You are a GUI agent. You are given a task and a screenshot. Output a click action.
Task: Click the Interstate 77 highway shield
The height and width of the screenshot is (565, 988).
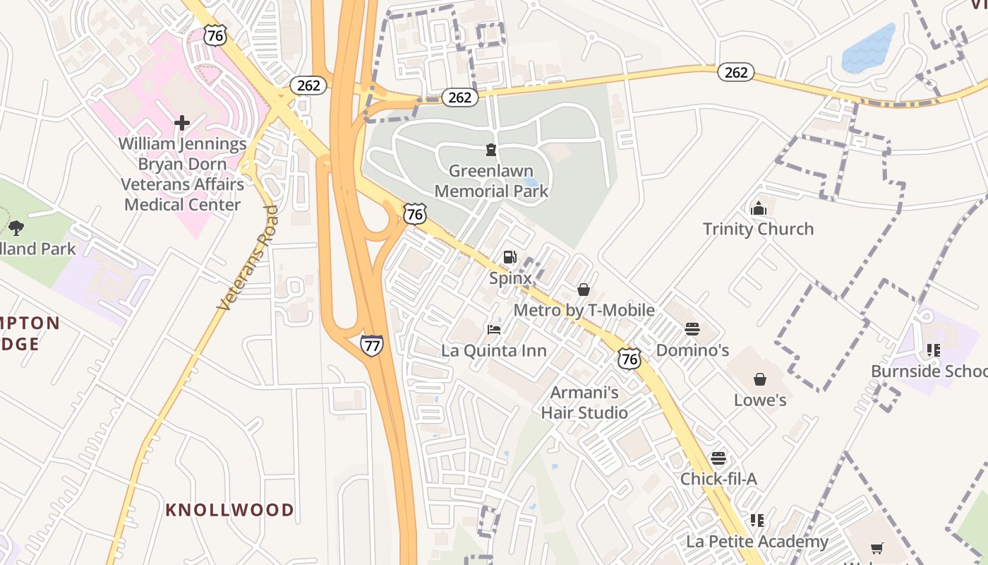coord(371,345)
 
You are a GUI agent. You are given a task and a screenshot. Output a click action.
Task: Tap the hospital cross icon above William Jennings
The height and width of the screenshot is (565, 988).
coord(182,123)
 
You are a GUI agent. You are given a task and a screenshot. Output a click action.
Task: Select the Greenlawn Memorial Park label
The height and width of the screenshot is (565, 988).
coord(491,181)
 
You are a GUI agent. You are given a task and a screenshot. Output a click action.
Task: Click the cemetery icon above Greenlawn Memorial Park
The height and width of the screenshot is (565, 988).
coord(490,149)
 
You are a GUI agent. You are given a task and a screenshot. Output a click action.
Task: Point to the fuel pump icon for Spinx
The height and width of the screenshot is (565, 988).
coord(510,257)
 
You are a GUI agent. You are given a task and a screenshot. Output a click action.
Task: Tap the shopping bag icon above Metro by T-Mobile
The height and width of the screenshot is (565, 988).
coord(584,290)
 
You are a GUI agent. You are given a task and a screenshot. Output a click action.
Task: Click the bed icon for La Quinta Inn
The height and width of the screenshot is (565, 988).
coord(494,330)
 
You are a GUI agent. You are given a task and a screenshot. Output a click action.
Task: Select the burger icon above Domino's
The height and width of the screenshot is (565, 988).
coord(692,329)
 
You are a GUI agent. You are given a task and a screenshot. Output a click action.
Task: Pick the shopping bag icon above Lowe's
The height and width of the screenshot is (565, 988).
coord(760,379)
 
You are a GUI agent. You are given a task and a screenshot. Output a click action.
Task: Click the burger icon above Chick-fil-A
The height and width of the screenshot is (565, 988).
coord(718,458)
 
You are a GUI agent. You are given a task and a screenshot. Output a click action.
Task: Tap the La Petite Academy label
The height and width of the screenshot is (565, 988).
coord(757,542)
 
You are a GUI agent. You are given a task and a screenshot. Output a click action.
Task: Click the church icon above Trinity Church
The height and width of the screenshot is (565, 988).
coord(759,208)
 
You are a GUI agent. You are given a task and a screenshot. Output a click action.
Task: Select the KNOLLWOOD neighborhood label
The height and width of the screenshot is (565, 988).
coord(230,510)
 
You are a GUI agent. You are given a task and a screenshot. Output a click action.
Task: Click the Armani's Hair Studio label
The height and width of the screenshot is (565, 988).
coord(584,403)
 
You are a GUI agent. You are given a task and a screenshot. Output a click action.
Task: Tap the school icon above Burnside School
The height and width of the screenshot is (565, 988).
coord(934,350)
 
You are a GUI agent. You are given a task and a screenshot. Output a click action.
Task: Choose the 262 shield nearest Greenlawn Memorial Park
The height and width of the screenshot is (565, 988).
coord(459,97)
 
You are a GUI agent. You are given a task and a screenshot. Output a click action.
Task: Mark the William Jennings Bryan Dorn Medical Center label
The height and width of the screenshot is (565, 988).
coord(182,174)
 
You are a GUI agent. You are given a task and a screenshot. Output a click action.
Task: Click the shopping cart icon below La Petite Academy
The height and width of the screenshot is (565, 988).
coord(877,548)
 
